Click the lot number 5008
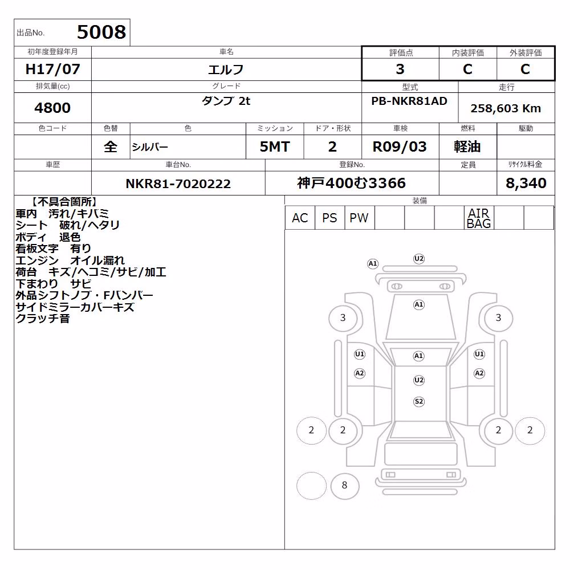pos(101,32)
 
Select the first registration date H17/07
pos(52,69)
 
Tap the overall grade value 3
pos(400,69)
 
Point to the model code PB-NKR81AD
pos(409,101)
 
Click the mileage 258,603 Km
pos(506,108)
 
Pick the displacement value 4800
pos(52,108)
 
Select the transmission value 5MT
pos(275,147)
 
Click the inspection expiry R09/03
pos(400,147)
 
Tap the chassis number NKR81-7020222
pos(178,184)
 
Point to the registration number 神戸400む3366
pos(351,183)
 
